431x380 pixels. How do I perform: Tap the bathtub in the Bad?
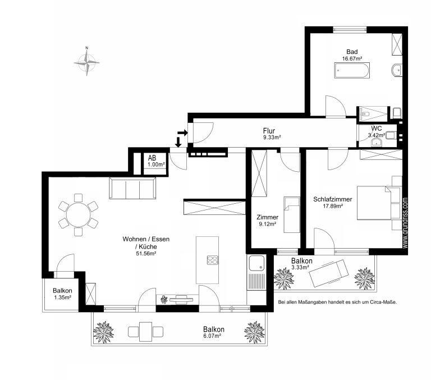pyautogui.click(x=352, y=70)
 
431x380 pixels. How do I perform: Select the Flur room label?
pyautogui.click(x=269, y=131)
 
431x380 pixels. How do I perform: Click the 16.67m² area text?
pyautogui.click(x=352, y=58)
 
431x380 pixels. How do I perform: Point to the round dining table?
pyautogui.click(x=79, y=215)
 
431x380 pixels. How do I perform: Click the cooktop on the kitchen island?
pyautogui.click(x=213, y=260)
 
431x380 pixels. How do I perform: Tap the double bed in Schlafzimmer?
pyautogui.click(x=374, y=203)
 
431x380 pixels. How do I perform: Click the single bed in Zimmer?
pyautogui.click(x=292, y=215)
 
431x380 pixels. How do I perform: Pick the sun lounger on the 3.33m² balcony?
pyautogui.click(x=328, y=273)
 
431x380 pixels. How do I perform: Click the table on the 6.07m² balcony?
pyautogui.click(x=145, y=332)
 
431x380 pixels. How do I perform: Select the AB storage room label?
pyautogui.click(x=152, y=158)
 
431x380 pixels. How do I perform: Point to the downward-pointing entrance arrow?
pyautogui.click(x=178, y=141)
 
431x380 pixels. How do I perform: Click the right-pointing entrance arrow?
pyautogui.click(x=182, y=133)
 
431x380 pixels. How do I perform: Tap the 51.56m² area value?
pyautogui.click(x=146, y=254)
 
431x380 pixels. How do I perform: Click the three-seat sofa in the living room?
pyautogui.click(x=132, y=188)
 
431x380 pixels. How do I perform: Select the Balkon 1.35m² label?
pyautogui.click(x=63, y=294)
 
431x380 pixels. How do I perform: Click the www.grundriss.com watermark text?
pyautogui.click(x=405, y=223)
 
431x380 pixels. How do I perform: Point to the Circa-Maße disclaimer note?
pyautogui.click(x=337, y=302)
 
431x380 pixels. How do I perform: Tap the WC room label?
pyautogui.click(x=377, y=129)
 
